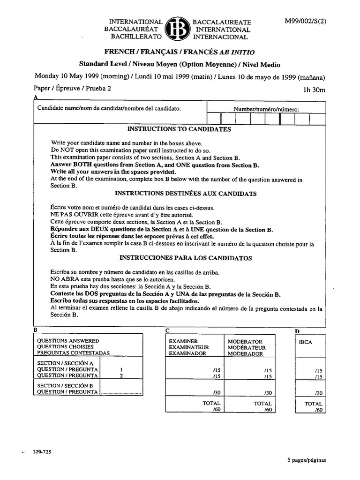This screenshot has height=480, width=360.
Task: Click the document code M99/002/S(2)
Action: [x=305, y=22]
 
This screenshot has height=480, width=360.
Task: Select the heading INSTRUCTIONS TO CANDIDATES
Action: [x=179, y=129]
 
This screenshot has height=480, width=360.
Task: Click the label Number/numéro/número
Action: [x=266, y=109]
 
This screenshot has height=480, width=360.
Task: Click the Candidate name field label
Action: [x=109, y=108]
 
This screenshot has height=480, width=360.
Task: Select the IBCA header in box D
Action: [x=305, y=342]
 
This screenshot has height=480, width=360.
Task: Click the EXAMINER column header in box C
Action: [x=183, y=341]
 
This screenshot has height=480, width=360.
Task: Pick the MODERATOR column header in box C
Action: [x=245, y=341]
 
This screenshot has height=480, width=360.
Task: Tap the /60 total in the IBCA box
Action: [x=319, y=410]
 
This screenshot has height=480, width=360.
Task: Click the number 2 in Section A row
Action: [x=121, y=375]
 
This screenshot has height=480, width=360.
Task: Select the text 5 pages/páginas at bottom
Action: [x=306, y=460]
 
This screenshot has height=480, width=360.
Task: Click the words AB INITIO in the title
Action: [x=240, y=52]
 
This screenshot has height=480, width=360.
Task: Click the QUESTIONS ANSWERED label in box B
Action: [x=68, y=341]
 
